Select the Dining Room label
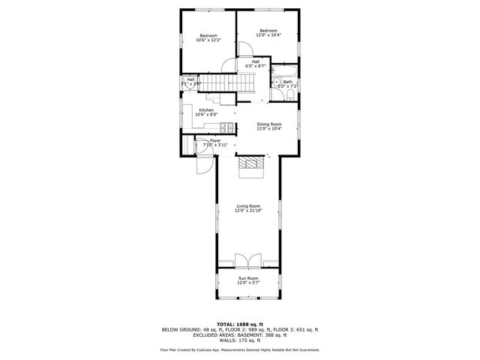click(269, 126)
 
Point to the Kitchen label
click(206, 112)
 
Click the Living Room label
click(248, 208)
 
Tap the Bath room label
click(287, 84)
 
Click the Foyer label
click(215, 142)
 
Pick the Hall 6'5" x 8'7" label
click(256, 64)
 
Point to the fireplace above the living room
click(250, 166)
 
